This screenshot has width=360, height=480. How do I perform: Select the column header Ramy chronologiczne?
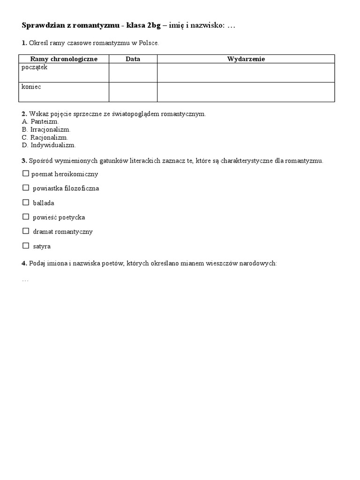[x=64, y=59]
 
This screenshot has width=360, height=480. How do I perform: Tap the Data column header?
[x=133, y=59]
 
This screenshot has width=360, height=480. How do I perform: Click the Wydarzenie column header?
[x=246, y=59]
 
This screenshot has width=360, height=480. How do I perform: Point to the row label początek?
[x=35, y=67]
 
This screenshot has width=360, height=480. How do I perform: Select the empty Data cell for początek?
[x=133, y=73]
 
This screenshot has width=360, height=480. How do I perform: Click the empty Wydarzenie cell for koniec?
[x=246, y=92]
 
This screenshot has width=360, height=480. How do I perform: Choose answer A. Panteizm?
[x=40, y=121]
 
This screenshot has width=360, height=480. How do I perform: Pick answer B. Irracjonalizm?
[x=46, y=129]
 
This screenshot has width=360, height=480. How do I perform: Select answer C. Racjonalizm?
[x=45, y=137]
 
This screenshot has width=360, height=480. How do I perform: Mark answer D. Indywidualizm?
[x=49, y=145]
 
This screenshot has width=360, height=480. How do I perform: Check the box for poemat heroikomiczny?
[x=25, y=174]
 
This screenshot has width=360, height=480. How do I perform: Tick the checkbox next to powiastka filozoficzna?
[x=25, y=188]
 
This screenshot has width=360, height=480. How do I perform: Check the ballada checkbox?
[x=25, y=202]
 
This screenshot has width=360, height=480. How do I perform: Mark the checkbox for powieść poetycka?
[x=25, y=217]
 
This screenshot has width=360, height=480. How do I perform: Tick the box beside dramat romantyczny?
[x=25, y=231]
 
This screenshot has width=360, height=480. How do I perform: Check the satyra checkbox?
[x=25, y=246]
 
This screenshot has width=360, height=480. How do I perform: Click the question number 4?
[x=24, y=263]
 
